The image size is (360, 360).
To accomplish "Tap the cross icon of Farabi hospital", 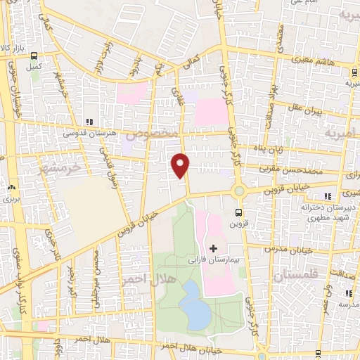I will (x=213, y=248).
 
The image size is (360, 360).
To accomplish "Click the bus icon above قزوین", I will (x=239, y=212).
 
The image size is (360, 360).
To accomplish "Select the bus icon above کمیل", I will (x=34, y=58).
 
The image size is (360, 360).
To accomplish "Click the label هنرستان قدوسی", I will (x=89, y=133).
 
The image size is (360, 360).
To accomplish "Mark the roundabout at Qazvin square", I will (x=239, y=191).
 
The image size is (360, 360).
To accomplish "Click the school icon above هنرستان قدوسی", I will (x=89, y=122).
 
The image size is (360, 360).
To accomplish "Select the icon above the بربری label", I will (x=11, y=188).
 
